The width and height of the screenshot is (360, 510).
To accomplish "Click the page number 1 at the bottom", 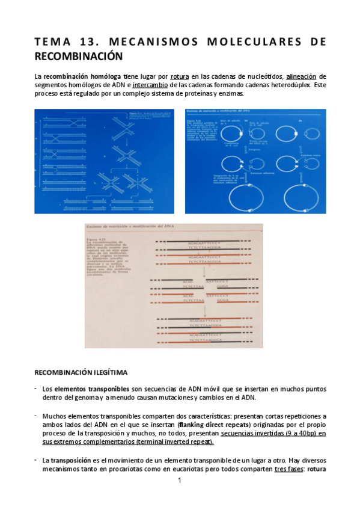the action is point(179,482).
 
